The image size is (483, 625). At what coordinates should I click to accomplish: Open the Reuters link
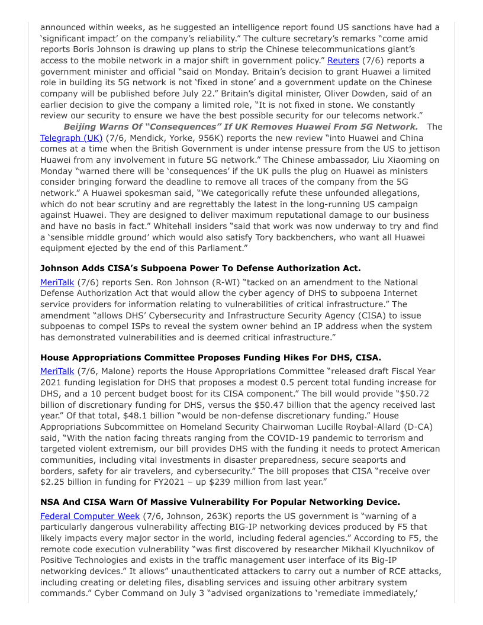coord(343,61)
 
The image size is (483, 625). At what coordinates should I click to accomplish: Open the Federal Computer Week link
coord(90,516)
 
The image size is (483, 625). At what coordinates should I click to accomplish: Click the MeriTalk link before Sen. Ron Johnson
coord(57,282)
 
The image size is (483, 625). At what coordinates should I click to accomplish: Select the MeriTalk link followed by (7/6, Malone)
coord(57,371)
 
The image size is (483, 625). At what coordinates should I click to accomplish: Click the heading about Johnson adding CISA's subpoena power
coord(201,268)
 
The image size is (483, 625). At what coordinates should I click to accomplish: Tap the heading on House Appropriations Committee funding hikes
coord(211,357)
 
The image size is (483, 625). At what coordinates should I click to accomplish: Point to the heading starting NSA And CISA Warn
coord(220,501)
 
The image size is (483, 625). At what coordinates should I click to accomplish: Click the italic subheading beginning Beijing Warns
coord(240,127)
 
